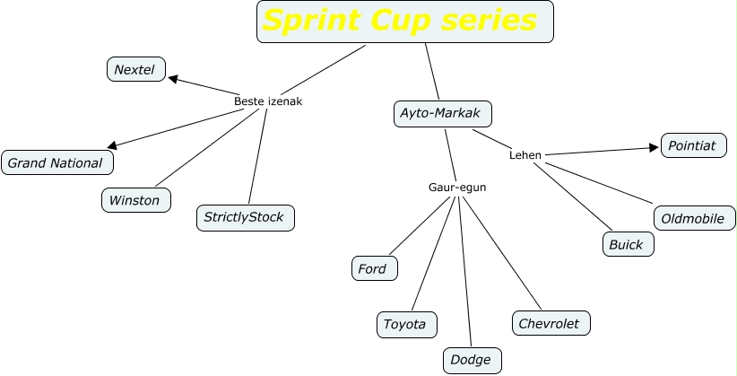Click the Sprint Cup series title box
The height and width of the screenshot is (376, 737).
(x=404, y=22)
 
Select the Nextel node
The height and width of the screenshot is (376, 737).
(x=135, y=69)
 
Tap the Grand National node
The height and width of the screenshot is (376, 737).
(x=56, y=162)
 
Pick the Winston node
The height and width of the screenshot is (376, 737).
(x=134, y=200)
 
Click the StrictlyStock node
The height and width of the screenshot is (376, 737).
(x=245, y=217)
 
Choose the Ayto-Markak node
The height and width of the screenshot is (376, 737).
(x=442, y=114)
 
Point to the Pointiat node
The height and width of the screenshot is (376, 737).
(x=693, y=145)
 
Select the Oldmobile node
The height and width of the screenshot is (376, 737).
(x=693, y=218)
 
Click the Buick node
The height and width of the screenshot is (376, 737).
(x=626, y=244)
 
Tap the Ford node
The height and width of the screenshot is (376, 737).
(x=373, y=268)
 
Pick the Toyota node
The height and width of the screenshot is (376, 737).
(x=405, y=324)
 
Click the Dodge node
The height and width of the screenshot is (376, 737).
(x=472, y=360)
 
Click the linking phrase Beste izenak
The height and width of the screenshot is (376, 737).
(x=268, y=101)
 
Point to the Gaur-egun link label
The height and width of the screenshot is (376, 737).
(x=457, y=188)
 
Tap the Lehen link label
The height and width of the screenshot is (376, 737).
(x=525, y=155)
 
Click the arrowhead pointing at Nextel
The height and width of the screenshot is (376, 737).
(x=173, y=78)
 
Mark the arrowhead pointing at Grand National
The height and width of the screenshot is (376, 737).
(x=112, y=146)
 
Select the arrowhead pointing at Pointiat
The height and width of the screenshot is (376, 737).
(x=654, y=148)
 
